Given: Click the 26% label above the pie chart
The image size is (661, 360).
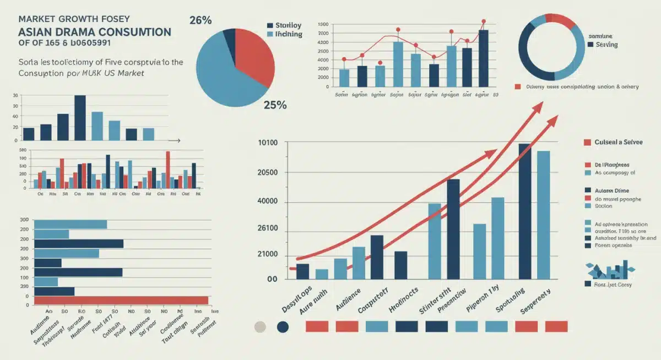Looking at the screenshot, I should click(x=201, y=20).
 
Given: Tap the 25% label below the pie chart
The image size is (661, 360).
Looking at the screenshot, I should click(x=274, y=105).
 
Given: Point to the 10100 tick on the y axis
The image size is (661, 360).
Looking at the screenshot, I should click(x=268, y=143).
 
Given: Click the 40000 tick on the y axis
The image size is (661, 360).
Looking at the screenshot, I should click(x=268, y=202).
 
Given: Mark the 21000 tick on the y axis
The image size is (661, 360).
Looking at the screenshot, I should click(x=268, y=255).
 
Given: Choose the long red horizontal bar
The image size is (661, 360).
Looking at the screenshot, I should click(x=121, y=300).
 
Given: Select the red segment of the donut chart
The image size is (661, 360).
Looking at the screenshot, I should click(x=561, y=21).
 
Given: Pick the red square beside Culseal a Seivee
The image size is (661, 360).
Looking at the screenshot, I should click(x=587, y=142).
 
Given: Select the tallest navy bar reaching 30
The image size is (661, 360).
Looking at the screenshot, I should click(x=80, y=117).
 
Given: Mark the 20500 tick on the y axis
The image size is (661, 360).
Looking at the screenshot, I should click(x=268, y=173).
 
